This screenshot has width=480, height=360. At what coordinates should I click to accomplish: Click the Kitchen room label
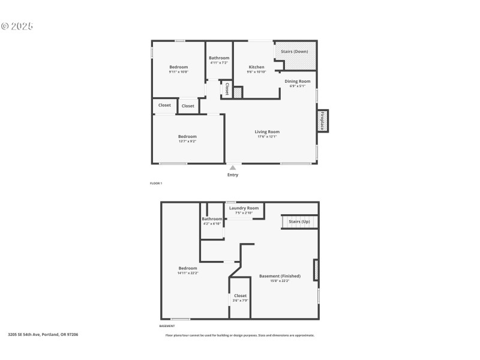pos(256,67)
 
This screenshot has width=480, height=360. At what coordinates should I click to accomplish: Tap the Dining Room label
pos(297,81)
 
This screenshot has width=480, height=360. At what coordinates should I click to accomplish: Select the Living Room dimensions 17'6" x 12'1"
pos(267,137)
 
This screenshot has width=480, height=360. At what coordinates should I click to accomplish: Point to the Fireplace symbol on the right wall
pos(322,121)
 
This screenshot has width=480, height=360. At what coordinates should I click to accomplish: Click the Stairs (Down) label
pos(295,52)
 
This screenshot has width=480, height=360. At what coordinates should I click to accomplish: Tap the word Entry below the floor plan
pos(233,175)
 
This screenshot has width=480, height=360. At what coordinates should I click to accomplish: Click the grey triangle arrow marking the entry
pos(233,167)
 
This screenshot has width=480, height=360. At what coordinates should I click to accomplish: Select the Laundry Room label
pos(244,208)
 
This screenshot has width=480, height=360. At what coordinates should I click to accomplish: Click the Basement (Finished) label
pos(280,276)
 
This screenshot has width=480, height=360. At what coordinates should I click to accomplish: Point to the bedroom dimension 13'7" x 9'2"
pos(187,142)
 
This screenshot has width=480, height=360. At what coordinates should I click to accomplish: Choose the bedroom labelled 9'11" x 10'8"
pos(178,67)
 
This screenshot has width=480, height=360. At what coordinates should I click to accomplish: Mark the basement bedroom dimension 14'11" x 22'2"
pos(187,273)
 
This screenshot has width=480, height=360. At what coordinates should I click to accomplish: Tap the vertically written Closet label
pos(227,89)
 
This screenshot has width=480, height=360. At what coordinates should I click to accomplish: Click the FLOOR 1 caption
pos(156,183)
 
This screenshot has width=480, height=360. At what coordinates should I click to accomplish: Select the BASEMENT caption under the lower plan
pos(167,326)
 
